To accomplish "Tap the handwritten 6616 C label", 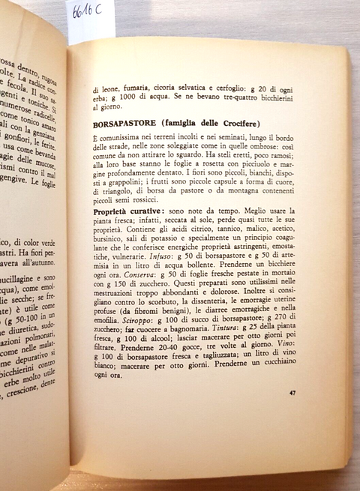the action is (x=90, y=13).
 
